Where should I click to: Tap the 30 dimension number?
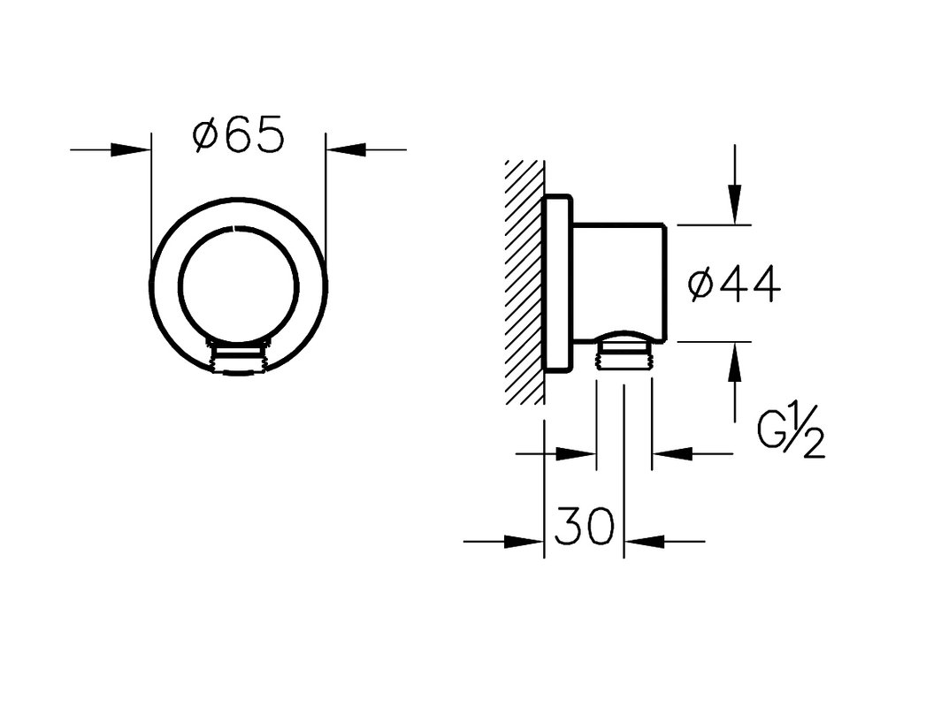pyautogui.click(x=585, y=525)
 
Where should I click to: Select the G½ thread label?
pyautogui.click(x=791, y=436)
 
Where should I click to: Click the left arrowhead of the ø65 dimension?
pyautogui.click(x=131, y=150)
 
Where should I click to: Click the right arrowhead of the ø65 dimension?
pyautogui.click(x=346, y=150)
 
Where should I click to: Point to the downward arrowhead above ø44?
pyautogui.click(x=735, y=204)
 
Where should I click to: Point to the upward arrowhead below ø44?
pyautogui.click(x=735, y=362)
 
